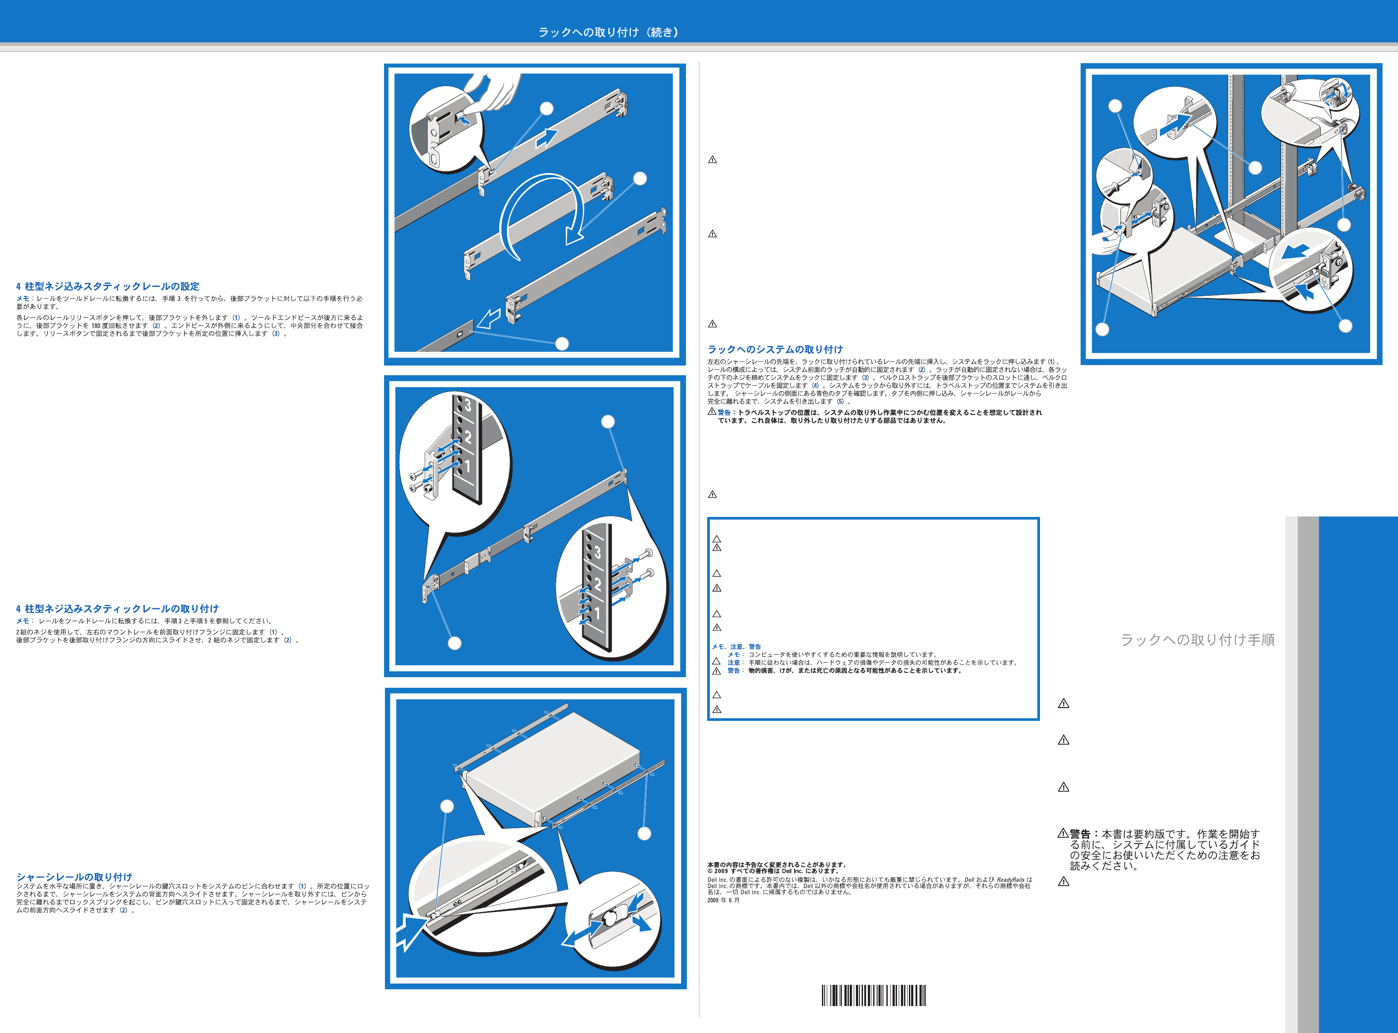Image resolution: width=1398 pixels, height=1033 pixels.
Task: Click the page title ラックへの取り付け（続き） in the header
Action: pos(608,32)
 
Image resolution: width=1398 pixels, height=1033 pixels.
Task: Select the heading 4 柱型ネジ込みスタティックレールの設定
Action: pos(108,287)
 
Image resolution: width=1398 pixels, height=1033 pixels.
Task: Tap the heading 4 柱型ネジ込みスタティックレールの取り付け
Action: pos(117,608)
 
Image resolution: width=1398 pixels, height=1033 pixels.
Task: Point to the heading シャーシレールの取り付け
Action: pos(75,877)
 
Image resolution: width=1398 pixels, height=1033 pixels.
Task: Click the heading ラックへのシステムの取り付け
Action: pos(775,350)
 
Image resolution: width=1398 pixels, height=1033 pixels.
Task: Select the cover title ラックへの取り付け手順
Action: pos(1197,640)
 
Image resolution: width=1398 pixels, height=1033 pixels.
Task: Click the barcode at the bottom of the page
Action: pos(874,995)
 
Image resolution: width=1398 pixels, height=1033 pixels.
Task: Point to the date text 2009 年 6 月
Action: pos(723,901)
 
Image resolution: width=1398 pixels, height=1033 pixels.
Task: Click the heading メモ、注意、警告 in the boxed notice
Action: pos(736,647)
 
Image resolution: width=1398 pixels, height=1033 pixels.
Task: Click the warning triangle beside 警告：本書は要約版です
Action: pos(1063,833)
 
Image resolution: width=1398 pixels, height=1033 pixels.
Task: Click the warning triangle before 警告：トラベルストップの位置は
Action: pos(712,411)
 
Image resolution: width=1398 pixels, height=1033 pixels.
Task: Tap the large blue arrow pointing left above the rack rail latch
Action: pos(1294,251)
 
